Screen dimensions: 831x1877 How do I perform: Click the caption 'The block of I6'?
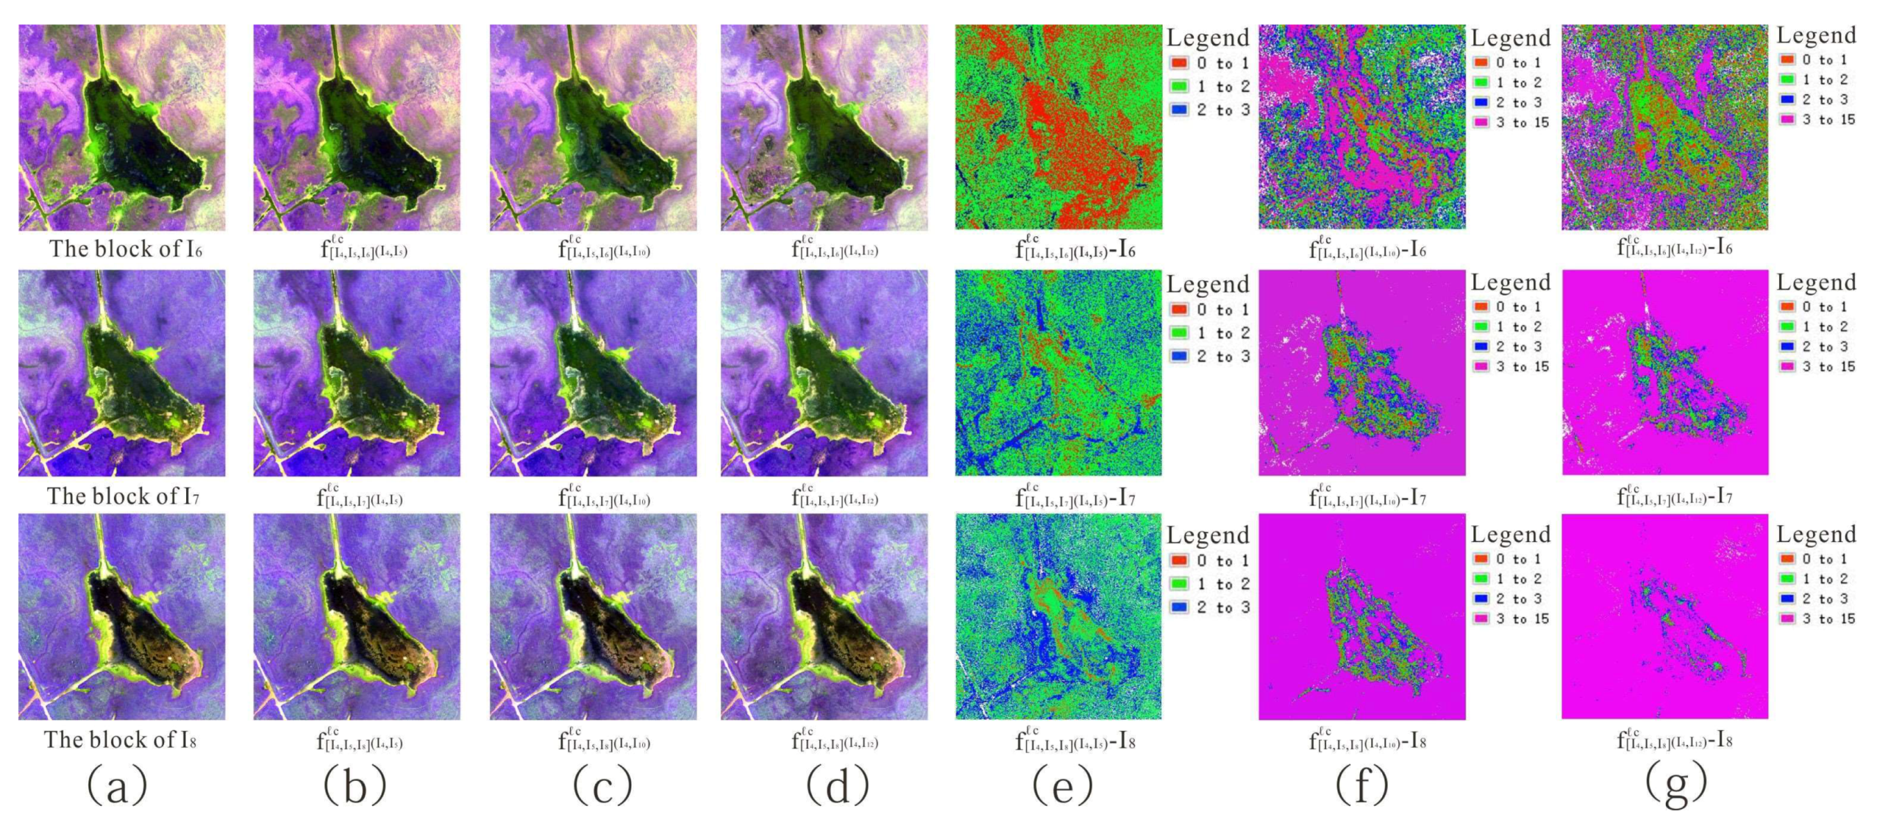pos(124,249)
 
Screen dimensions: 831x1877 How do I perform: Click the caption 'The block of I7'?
pos(122,497)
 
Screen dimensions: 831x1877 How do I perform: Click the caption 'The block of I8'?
pos(120,740)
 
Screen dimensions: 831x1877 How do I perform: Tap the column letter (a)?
pos(117,786)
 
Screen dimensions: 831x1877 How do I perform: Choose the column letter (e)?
pos(1062,786)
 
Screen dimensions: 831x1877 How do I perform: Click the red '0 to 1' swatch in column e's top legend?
pos(1179,63)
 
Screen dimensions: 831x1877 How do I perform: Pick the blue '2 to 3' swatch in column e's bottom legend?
pos(1179,607)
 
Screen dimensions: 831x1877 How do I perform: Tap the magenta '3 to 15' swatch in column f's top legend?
pos(1482,122)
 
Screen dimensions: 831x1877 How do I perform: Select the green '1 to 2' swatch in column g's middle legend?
pos(1787,327)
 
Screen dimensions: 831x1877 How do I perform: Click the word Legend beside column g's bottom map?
pos(1816,534)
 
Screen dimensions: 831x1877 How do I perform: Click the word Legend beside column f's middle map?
pos(1511,283)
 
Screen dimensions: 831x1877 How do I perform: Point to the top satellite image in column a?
pos(122,127)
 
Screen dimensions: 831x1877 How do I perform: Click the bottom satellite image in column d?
pos(824,617)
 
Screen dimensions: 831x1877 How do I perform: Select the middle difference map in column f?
pos(1361,373)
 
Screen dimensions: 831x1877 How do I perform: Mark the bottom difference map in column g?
pos(1664,617)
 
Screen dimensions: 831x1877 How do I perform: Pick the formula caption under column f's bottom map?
pos(1367,740)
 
